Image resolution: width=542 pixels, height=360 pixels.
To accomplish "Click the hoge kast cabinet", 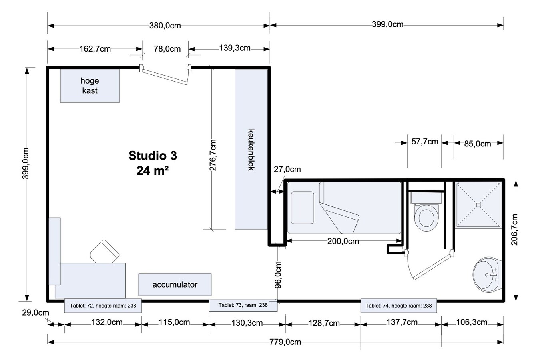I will (90, 86).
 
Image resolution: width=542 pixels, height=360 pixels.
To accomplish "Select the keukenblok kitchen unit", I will (251, 150).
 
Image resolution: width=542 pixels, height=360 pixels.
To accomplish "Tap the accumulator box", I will (175, 285).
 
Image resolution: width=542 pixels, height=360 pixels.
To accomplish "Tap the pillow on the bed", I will (302, 208).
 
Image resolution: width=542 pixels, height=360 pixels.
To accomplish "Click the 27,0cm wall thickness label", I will (287, 169).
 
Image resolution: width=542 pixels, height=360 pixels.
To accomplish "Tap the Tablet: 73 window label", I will (243, 305).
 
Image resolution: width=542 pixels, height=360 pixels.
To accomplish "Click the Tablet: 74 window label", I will (399, 306).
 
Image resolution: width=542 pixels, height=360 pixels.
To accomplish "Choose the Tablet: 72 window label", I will (103, 306).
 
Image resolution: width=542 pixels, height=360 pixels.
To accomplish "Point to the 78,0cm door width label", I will (167, 49).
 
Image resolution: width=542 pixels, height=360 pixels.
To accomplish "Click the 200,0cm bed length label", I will (343, 241).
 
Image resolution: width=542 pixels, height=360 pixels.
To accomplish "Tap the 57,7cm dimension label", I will (424, 142).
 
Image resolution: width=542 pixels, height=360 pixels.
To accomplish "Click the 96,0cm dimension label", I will (278, 275).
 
